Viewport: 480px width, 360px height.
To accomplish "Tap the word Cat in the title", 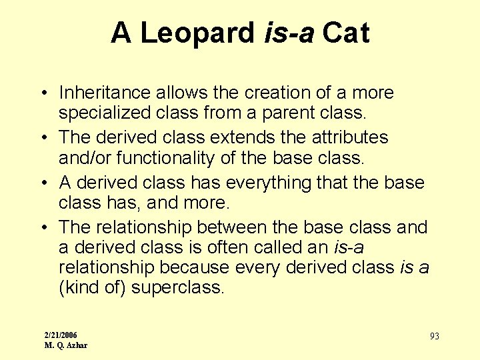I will tap(345, 33).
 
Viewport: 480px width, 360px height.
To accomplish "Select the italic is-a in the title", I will tap(289, 33).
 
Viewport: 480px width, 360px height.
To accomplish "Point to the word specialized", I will tap(104, 113).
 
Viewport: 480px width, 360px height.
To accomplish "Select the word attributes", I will tap(351, 137).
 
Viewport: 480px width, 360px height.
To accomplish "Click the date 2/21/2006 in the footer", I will tap(60, 335).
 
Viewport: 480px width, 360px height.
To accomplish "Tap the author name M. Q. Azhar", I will tap(65, 345).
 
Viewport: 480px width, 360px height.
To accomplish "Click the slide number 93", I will tap(434, 337).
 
